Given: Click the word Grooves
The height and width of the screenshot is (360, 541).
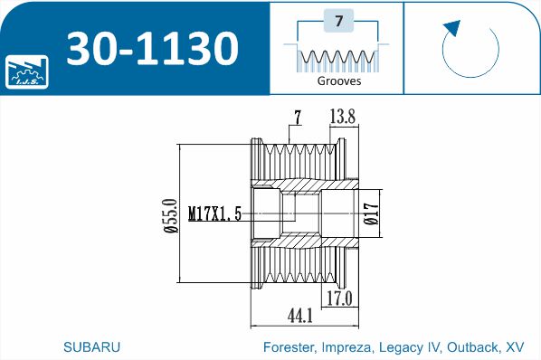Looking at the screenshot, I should [339, 81].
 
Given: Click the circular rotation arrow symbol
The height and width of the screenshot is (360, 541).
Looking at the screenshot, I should [471, 50].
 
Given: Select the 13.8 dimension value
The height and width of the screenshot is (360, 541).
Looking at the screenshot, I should [342, 115].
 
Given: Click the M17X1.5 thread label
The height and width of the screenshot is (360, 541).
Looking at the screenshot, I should [214, 214].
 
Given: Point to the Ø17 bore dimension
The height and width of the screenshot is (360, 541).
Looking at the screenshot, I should [371, 214].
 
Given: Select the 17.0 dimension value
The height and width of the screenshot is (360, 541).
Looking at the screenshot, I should [339, 298].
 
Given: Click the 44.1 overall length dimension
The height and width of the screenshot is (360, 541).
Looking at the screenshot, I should [299, 316].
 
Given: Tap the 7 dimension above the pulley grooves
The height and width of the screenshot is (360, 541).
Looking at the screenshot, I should [296, 115].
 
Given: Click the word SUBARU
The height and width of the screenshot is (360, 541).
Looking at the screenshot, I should [92, 346].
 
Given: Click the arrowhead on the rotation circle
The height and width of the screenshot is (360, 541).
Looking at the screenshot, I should [452, 28].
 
